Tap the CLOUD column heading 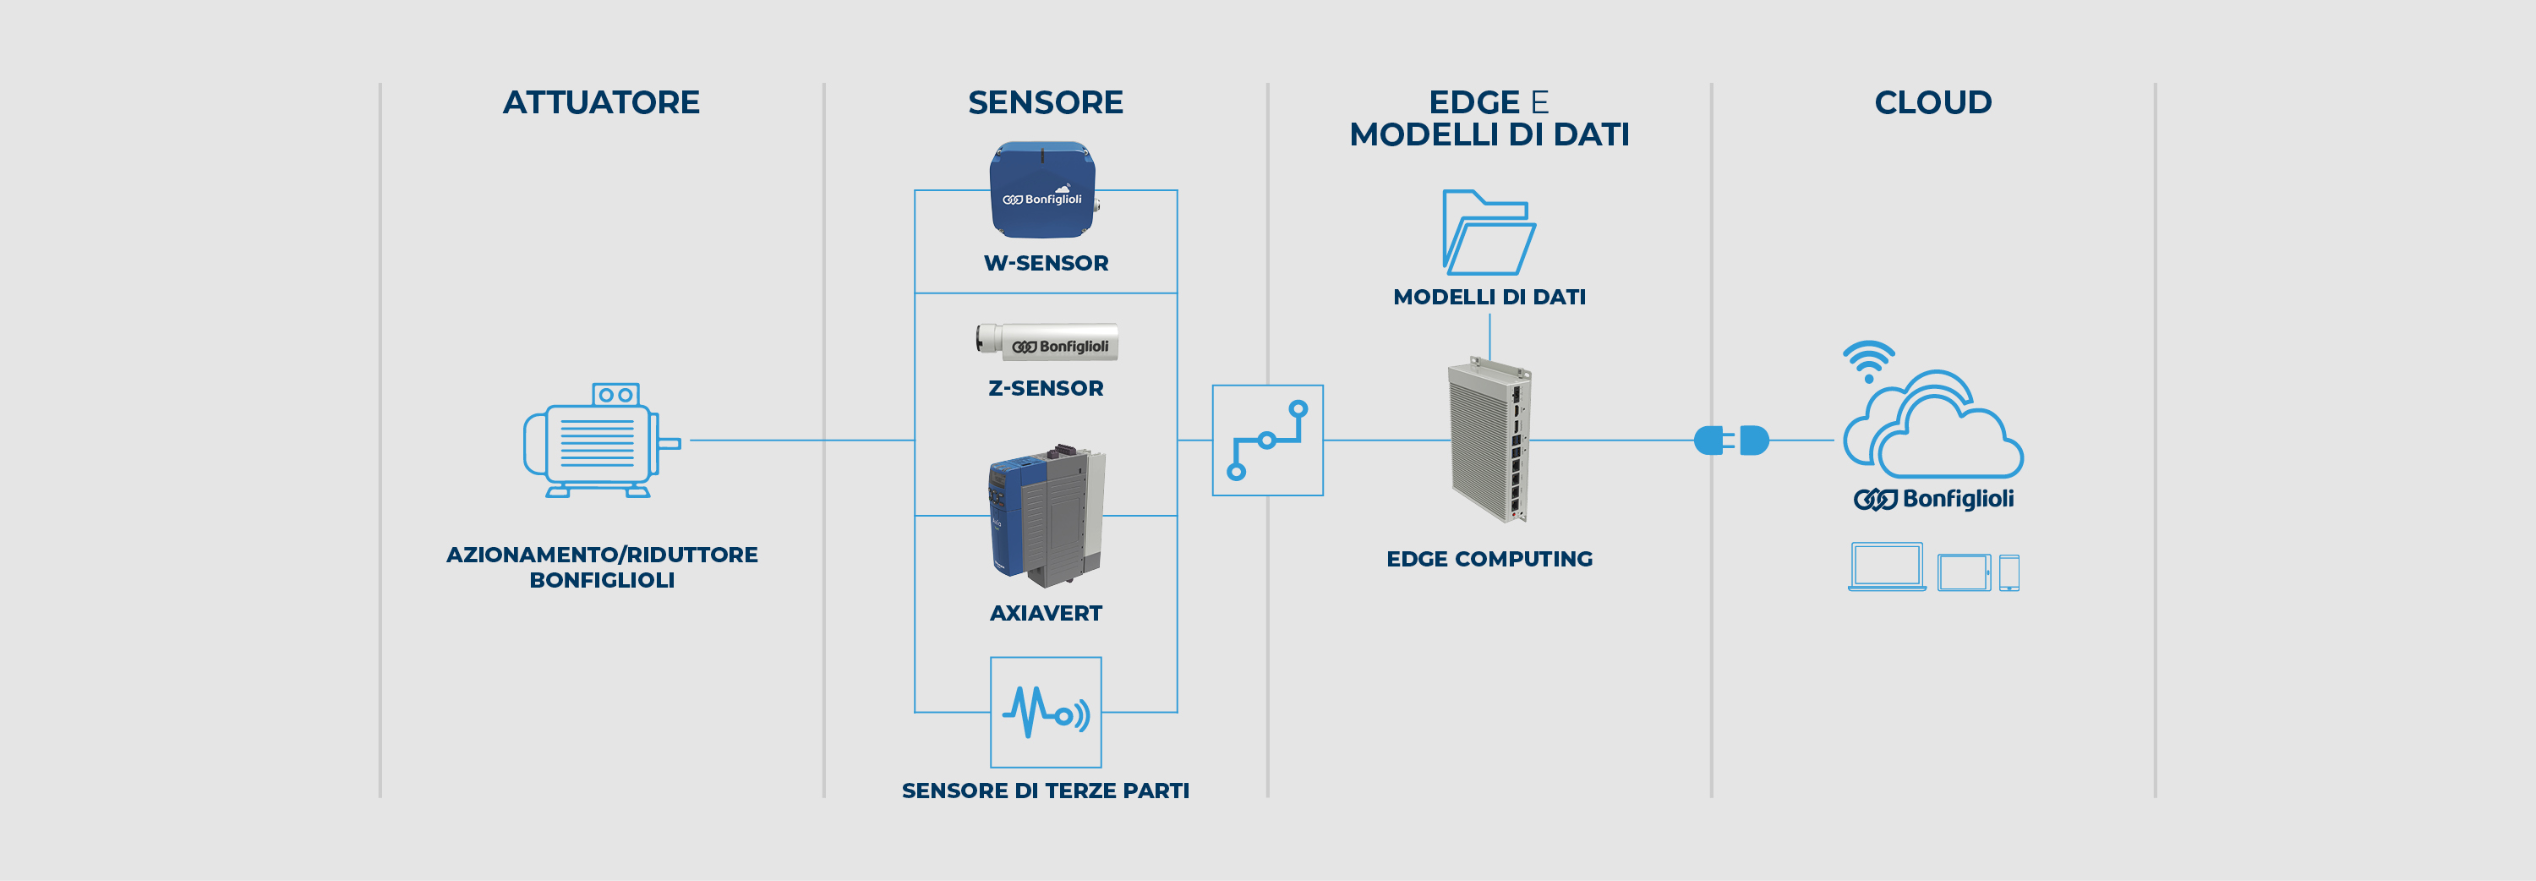pyautogui.click(x=1932, y=102)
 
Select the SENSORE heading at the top pyautogui.click(x=1045, y=102)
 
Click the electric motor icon pyautogui.click(x=599, y=440)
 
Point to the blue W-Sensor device pyautogui.click(x=1042, y=190)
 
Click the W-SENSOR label pyautogui.click(x=1046, y=263)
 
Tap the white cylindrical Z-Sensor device pyautogui.click(x=1047, y=342)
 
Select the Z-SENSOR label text pyautogui.click(x=1046, y=388)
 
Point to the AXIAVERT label pyautogui.click(x=1046, y=613)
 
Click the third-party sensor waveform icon pyautogui.click(x=1046, y=712)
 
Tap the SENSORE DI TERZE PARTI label pyautogui.click(x=1046, y=791)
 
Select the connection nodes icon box pyautogui.click(x=1267, y=440)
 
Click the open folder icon pyautogui.click(x=1488, y=233)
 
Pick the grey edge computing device pyautogui.click(x=1489, y=440)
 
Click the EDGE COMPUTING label pyautogui.click(x=1489, y=559)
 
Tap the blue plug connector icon pyautogui.click(x=1730, y=440)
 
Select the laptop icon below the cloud pyautogui.click(x=1886, y=567)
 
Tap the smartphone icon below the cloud pyautogui.click(x=2009, y=572)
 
